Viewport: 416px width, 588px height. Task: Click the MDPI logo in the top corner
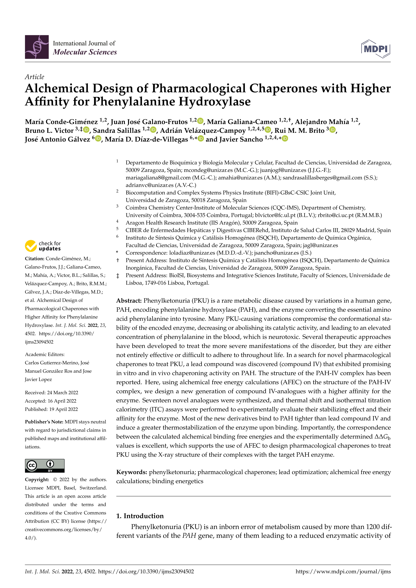coord(376,49)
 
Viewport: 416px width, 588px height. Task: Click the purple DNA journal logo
coord(37,47)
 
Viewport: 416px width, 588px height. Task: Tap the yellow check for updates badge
coord(43,246)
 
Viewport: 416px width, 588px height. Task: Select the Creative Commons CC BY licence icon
coord(45,466)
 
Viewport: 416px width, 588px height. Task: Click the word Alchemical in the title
coord(57,88)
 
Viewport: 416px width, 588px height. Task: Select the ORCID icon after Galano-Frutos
coord(200,121)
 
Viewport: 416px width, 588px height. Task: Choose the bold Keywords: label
coord(131,472)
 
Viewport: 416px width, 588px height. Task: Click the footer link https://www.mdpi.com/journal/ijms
coord(343,571)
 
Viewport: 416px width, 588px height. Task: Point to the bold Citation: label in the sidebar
coord(35,259)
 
